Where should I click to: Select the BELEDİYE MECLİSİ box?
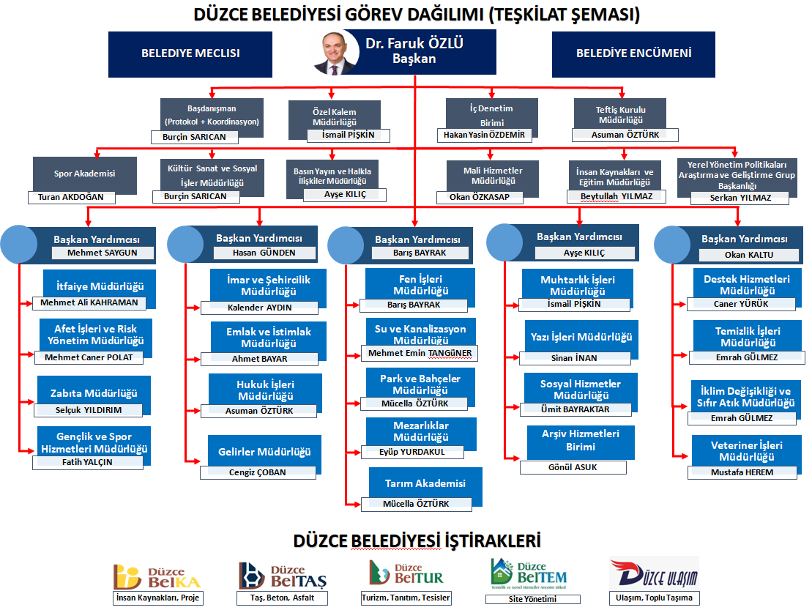click(190, 53)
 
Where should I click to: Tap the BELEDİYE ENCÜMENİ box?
click(633, 53)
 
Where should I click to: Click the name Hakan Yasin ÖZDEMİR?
click(485, 135)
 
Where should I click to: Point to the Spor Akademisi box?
click(84, 174)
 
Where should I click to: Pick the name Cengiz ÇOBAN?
click(258, 473)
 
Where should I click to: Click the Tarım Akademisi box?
click(425, 483)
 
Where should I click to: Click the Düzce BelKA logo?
click(157, 576)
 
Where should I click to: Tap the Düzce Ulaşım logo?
click(653, 573)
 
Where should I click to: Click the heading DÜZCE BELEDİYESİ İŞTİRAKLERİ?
click(417, 541)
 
